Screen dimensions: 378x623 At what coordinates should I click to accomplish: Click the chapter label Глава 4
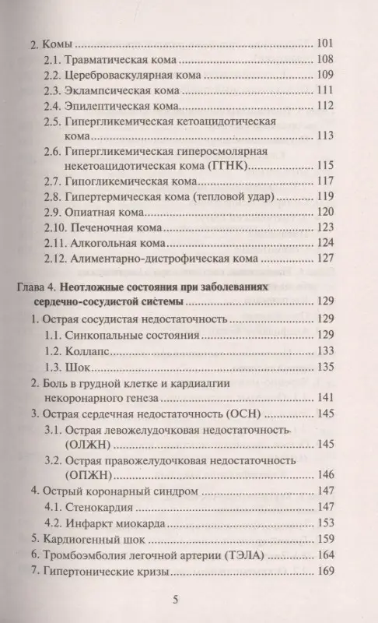coord(37,287)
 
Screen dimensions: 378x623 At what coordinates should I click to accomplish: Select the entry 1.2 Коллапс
coord(81,351)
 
